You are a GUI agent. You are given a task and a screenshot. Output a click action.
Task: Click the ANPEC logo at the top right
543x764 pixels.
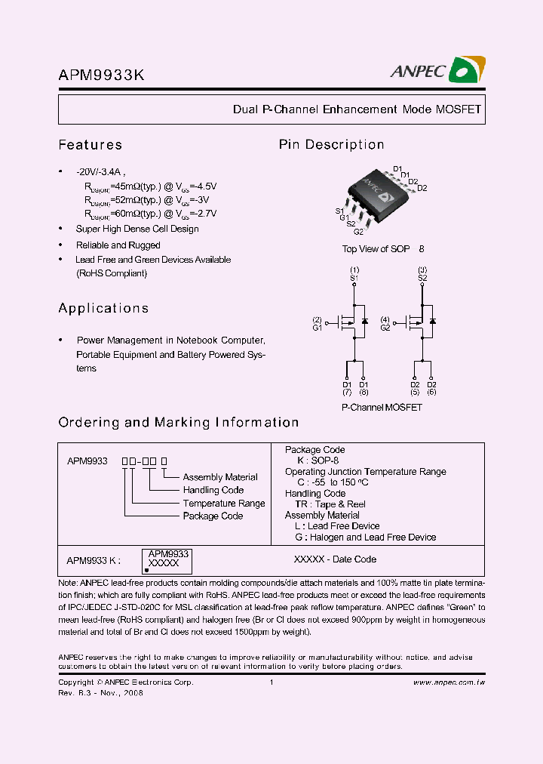point(437,71)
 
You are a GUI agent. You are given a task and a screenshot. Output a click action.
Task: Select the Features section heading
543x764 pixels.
point(90,145)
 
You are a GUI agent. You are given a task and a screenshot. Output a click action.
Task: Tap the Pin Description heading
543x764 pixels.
point(331,145)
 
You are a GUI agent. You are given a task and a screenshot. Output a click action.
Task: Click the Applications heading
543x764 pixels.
point(103,308)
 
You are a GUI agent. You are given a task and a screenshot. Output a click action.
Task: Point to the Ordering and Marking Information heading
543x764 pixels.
point(179,423)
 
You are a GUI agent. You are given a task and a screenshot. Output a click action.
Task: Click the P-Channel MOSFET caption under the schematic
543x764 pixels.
point(382,408)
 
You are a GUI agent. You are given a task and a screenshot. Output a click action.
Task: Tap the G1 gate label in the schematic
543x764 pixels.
point(318,328)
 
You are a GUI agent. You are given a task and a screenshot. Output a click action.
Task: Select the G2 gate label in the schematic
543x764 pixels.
point(385,328)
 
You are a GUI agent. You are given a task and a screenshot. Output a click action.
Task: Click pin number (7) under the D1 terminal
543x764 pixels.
point(347,393)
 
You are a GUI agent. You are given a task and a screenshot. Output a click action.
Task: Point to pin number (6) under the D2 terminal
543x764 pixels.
point(431,393)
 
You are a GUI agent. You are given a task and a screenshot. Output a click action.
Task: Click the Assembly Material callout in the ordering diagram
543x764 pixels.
point(220,477)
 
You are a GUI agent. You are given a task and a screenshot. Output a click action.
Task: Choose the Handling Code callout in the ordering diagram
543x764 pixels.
point(213,490)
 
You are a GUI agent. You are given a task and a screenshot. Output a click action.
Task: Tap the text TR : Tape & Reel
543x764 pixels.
point(330,504)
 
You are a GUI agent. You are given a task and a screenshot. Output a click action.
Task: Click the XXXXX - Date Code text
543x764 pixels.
point(335,559)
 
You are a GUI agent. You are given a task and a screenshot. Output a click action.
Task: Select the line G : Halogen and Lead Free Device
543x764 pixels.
point(365,538)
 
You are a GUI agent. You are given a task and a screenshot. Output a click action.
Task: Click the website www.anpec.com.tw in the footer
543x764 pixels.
point(449,682)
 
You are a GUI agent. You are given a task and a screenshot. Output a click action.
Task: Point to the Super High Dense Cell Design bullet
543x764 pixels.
point(137,229)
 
